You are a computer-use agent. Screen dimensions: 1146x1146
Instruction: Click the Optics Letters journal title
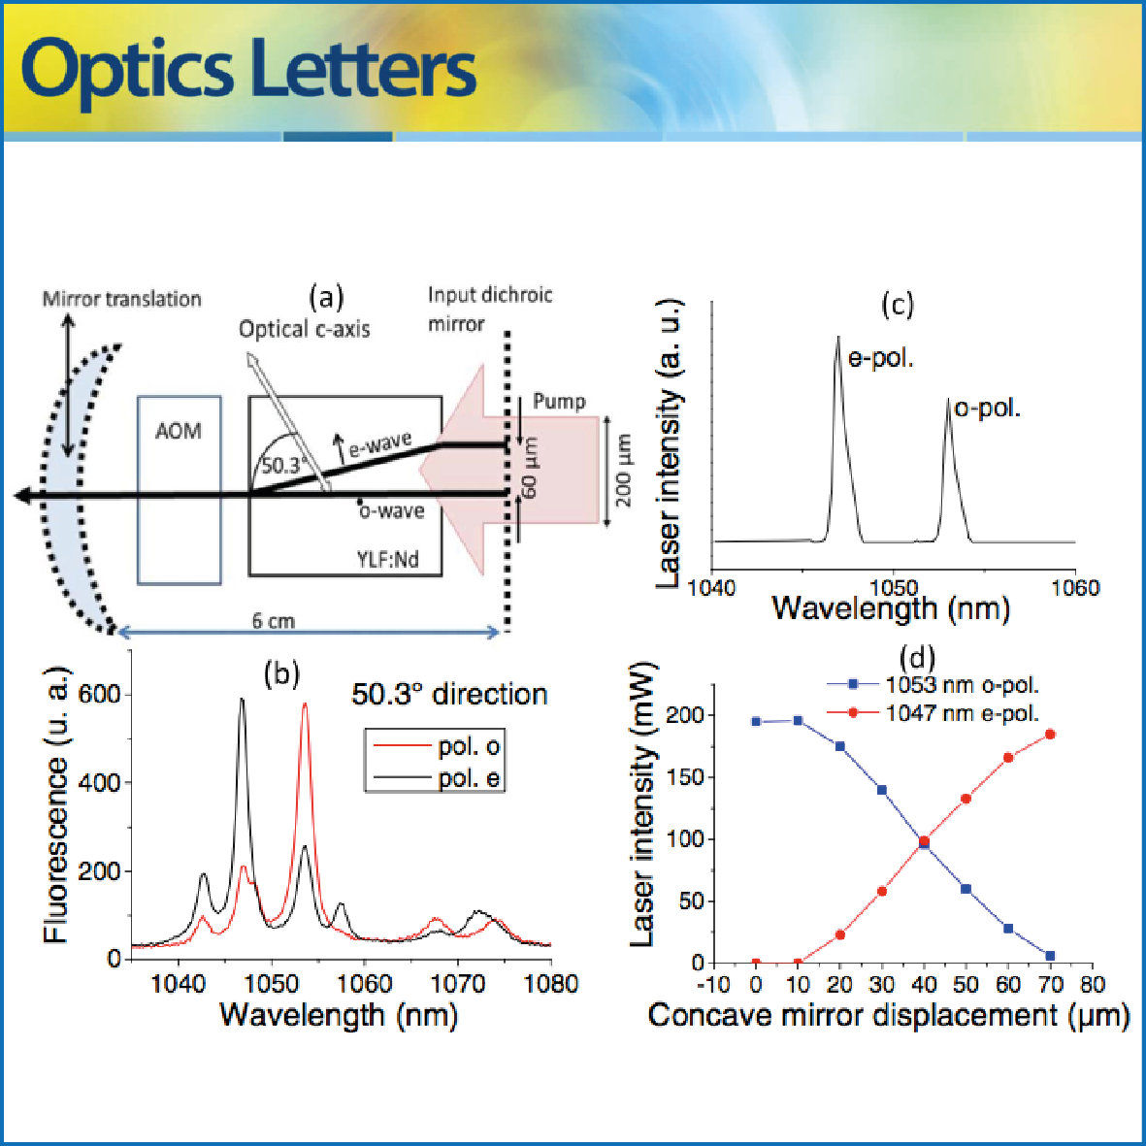tap(248, 70)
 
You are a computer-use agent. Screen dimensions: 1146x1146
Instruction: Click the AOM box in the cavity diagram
tap(179, 489)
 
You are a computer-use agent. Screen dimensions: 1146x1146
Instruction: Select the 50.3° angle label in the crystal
tap(281, 465)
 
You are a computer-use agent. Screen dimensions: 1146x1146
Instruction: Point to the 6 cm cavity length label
tap(273, 620)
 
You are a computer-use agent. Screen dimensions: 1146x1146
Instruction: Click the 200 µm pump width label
tap(623, 470)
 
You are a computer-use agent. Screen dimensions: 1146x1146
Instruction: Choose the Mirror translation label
tap(121, 299)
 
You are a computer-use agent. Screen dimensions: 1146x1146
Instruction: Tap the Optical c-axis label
tap(305, 329)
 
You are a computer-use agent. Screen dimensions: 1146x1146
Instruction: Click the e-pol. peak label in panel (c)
tap(881, 358)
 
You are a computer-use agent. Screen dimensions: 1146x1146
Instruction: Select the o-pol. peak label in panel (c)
tap(987, 409)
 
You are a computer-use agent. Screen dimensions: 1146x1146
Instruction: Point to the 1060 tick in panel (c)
tap(1075, 588)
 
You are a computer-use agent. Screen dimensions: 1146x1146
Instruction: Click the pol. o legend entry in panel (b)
tap(470, 746)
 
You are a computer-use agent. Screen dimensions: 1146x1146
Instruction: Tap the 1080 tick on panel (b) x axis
tap(551, 984)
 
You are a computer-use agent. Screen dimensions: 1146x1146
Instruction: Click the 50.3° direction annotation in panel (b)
tap(449, 694)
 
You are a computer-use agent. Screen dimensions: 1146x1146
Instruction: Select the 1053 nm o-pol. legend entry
tap(962, 684)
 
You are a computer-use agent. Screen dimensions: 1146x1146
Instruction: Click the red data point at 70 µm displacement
tap(1050, 735)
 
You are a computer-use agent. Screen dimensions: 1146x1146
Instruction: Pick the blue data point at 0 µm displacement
tap(756, 722)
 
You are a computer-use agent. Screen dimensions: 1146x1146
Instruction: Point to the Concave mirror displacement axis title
tap(888, 1016)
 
